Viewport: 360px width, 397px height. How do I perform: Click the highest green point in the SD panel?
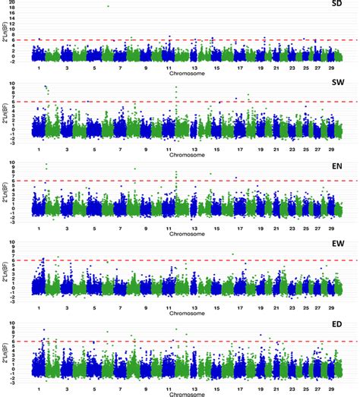coord(109,6)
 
